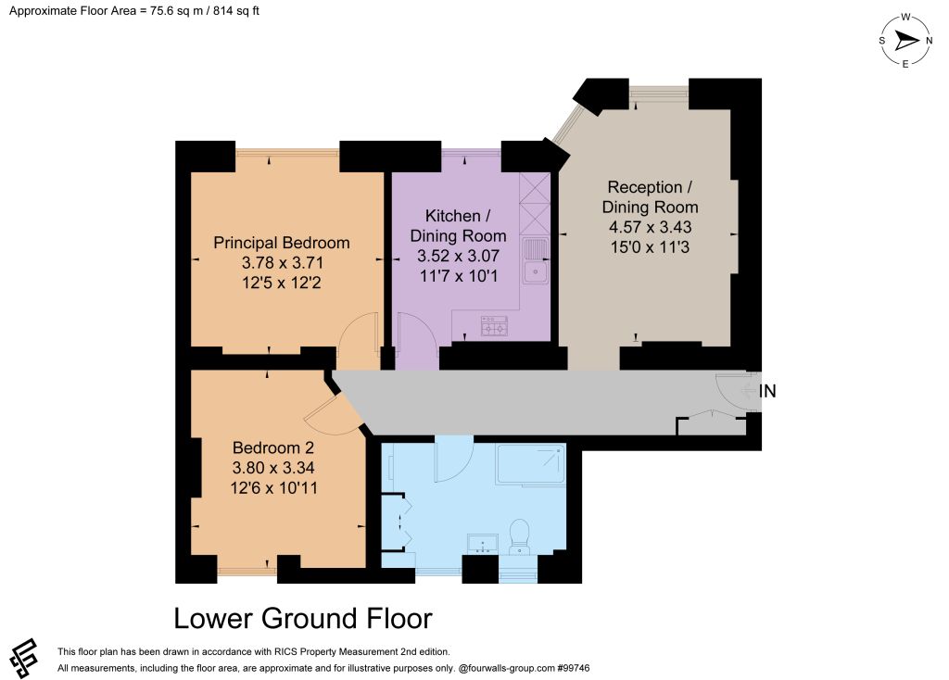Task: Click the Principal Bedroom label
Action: [x=282, y=243]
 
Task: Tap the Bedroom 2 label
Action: [x=273, y=447]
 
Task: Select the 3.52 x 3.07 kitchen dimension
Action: [x=458, y=256]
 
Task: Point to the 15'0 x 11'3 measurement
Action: [x=650, y=246]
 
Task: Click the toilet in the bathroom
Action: [x=519, y=536]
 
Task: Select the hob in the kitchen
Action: [x=494, y=325]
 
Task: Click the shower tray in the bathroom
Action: [x=531, y=463]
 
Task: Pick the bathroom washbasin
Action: [x=482, y=543]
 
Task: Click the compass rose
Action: [x=905, y=41]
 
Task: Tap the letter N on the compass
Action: [x=929, y=41]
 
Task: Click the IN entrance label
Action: [x=767, y=391]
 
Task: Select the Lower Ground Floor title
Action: [x=303, y=618]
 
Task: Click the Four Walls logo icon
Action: [x=23, y=658]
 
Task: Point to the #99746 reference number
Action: [x=573, y=668]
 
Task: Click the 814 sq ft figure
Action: [x=236, y=11]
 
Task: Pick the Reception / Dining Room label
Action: [x=650, y=197]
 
